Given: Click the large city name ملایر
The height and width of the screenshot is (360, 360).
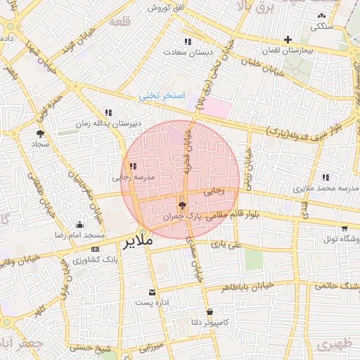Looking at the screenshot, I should coord(139,243).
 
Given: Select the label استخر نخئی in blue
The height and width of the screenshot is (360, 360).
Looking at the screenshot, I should coord(161,94).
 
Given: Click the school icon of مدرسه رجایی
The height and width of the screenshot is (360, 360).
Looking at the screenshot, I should coord(133,167).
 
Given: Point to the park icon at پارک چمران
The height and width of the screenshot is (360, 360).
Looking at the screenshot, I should coord(183,206).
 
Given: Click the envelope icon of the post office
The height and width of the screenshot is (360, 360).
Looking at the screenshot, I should coord(152,291).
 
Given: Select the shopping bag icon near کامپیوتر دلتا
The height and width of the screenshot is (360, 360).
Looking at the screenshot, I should coord(210,311).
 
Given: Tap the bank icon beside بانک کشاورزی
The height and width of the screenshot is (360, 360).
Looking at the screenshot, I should coord(96,250).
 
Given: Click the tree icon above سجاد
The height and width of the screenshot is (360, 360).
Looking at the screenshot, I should coord(40,133).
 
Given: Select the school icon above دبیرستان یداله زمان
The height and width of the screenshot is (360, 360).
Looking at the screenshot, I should coord(108,112).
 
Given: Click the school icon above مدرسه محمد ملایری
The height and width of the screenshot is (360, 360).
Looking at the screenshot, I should coord(324,177).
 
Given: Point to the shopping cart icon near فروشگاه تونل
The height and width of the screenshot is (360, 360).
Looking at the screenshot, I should coord(344,228).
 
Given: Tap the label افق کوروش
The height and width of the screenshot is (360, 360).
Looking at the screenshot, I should coord(167,7).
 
